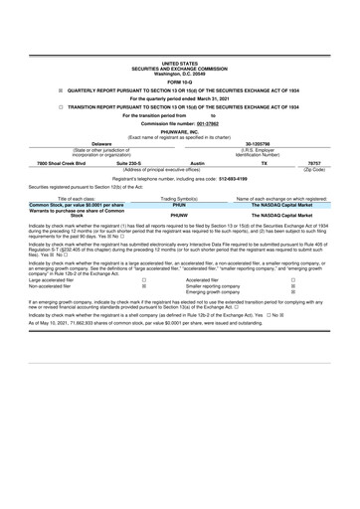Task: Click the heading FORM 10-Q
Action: [180, 82]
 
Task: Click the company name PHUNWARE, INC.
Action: [180, 130]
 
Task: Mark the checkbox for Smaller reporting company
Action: [292, 288]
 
